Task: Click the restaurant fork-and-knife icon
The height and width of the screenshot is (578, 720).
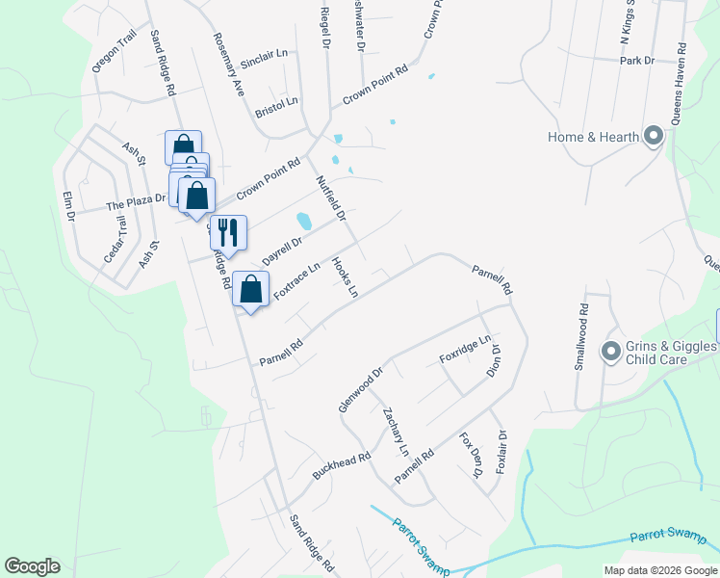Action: point(228,232)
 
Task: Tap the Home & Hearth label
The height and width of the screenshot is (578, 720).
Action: point(593,137)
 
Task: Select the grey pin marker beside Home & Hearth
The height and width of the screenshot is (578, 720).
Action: point(654,137)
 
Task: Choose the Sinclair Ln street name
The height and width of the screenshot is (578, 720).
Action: point(265,57)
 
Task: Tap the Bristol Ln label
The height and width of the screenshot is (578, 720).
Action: point(277,106)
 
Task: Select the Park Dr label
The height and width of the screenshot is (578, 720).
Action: point(637,61)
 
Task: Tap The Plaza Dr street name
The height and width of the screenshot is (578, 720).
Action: point(136,204)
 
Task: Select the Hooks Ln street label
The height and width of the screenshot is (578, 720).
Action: point(345,276)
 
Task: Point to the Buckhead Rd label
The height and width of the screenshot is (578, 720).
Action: point(342,467)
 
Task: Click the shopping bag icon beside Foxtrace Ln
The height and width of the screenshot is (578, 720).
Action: point(250,289)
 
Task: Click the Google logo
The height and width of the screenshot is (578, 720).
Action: point(33,566)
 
